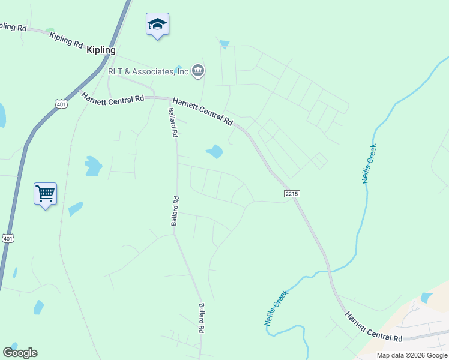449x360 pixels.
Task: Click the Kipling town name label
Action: click(x=101, y=50)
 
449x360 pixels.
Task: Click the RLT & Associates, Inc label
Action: click(x=148, y=72)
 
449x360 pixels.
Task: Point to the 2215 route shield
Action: click(x=292, y=194)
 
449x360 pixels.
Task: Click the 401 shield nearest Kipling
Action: click(x=61, y=104)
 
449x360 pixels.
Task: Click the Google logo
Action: click(x=20, y=353)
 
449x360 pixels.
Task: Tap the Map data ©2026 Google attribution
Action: click(x=411, y=355)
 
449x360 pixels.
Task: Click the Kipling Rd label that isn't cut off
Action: click(x=66, y=40)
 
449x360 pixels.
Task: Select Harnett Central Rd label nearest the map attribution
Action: click(x=373, y=326)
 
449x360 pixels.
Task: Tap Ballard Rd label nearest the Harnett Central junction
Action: click(x=172, y=124)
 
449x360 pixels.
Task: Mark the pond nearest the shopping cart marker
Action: click(x=75, y=209)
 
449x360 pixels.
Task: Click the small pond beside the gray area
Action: click(x=426, y=297)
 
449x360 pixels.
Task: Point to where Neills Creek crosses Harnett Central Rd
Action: click(x=329, y=271)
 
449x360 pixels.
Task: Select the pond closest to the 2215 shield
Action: click(x=215, y=151)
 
